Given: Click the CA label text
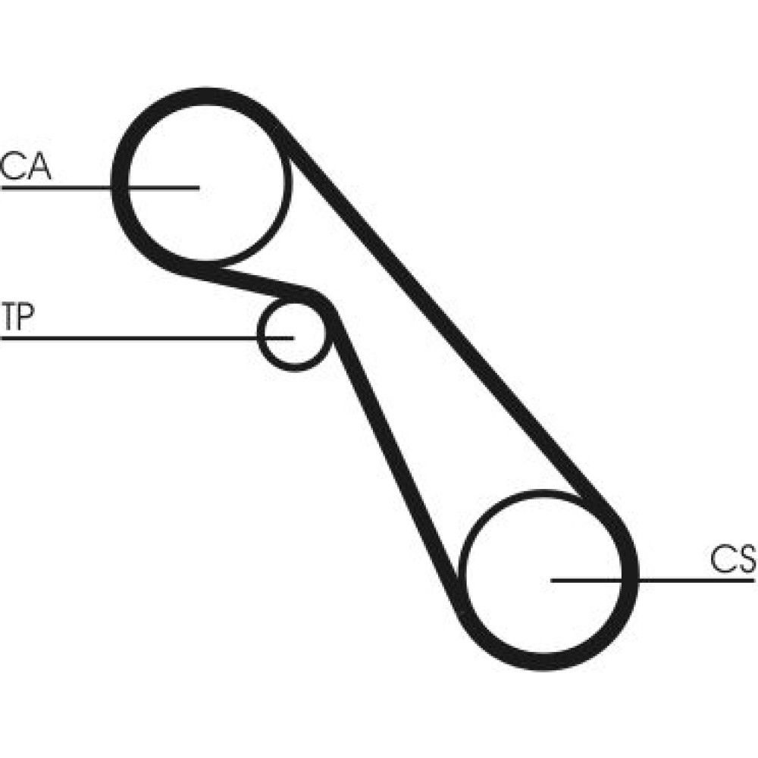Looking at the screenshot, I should click(x=25, y=167).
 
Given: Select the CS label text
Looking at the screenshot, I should click(x=733, y=559).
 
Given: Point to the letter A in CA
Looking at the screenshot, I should click(x=38, y=167).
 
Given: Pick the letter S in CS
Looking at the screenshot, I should click(x=746, y=559).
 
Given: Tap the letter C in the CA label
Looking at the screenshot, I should click(x=13, y=167).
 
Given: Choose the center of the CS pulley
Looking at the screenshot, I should click(x=547, y=580).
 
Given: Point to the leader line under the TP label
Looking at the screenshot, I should click(x=129, y=337).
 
